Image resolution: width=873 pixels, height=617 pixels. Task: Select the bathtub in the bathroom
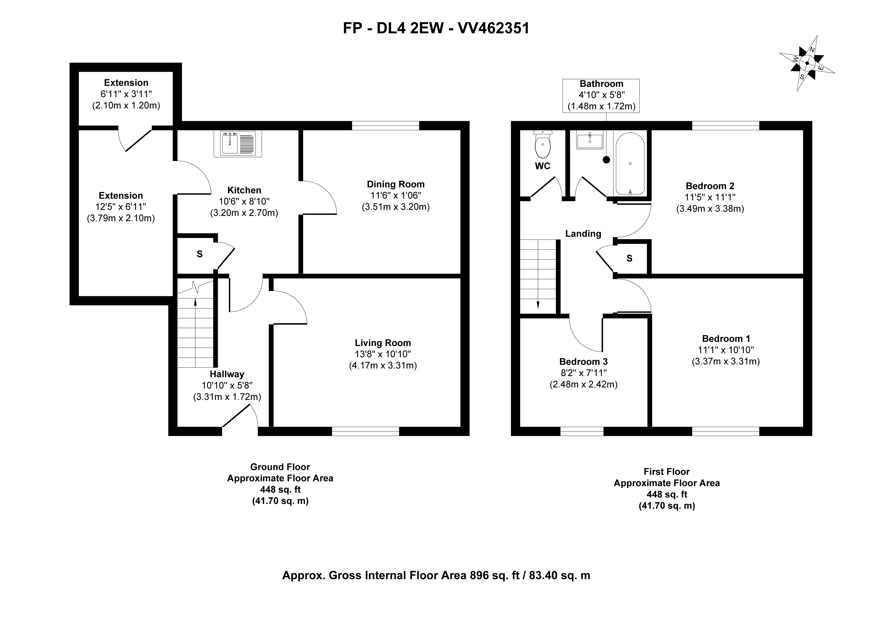[x=630, y=164]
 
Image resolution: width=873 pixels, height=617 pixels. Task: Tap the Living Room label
[x=383, y=343]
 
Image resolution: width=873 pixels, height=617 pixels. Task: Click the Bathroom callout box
[x=601, y=96]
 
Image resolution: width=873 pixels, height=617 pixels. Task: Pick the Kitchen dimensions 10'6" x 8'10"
[x=244, y=202]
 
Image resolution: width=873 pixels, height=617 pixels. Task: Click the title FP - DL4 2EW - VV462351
[x=436, y=28]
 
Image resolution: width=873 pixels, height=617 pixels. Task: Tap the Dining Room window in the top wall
[x=386, y=125]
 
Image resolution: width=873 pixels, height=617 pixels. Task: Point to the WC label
[x=543, y=166]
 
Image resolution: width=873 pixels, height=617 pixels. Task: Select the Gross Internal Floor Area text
[x=436, y=576]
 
